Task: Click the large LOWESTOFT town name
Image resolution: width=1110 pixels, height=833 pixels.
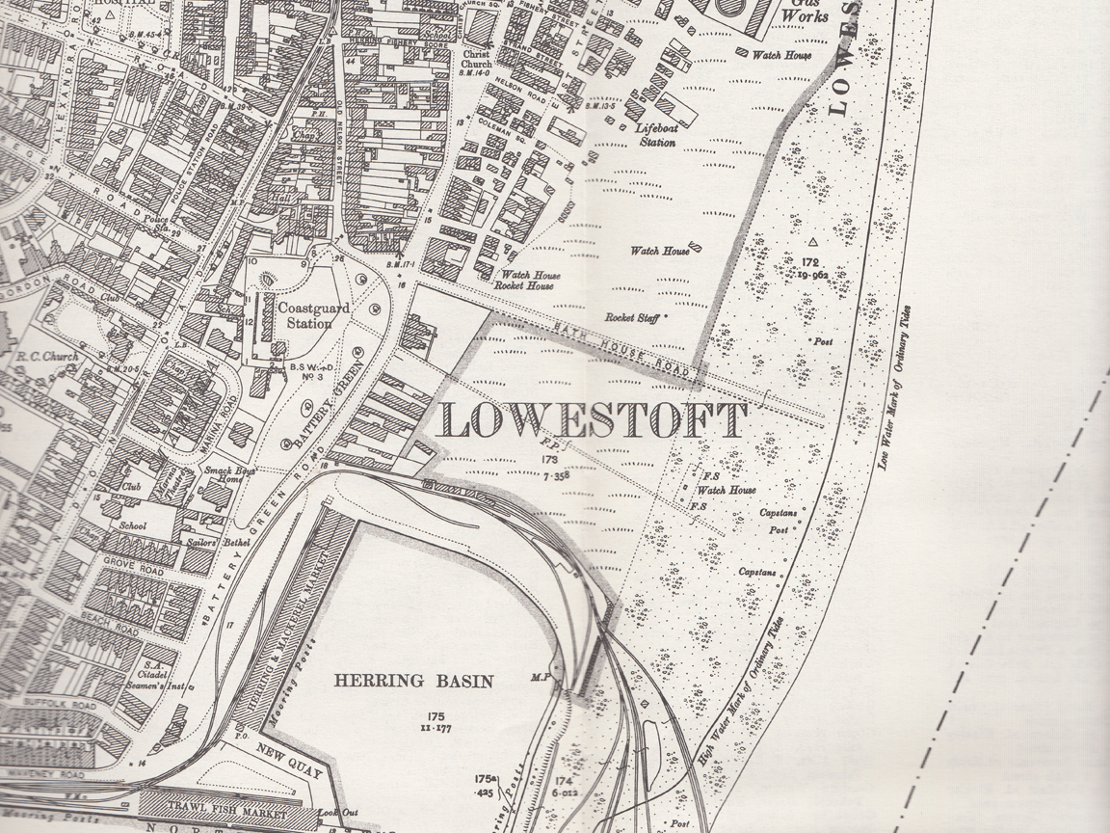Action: coord(594,421)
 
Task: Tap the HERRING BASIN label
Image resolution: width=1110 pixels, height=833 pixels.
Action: coord(413,681)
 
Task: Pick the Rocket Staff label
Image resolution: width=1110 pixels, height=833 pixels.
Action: coord(632,317)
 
